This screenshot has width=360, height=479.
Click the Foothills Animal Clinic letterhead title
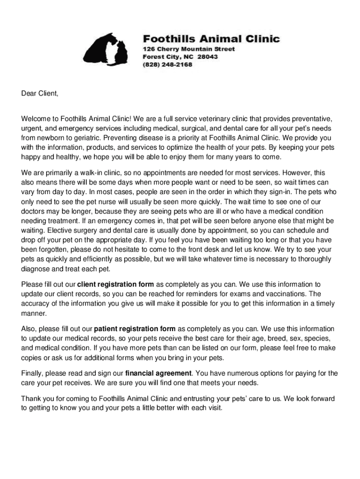pos(211,38)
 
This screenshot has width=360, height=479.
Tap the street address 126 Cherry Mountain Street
pos(188,49)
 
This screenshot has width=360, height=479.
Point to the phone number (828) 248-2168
pos(167,65)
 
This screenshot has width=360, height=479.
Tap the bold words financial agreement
pos(159,373)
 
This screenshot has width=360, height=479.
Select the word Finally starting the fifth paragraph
pos(33,373)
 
